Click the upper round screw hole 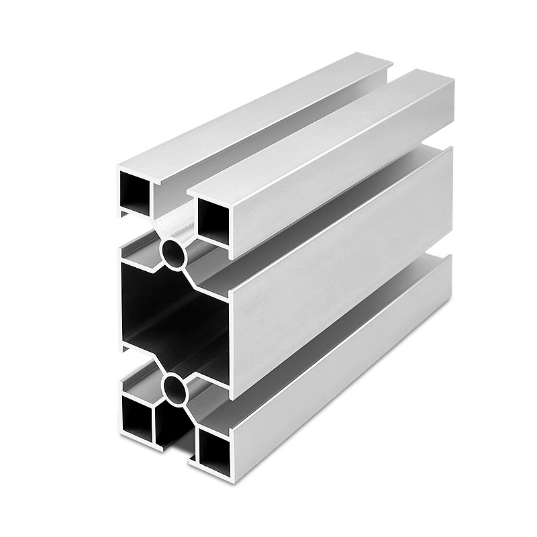coord(175,252)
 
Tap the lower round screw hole coord(175,387)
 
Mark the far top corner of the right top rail coord(451,81)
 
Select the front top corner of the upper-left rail coord(119,165)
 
